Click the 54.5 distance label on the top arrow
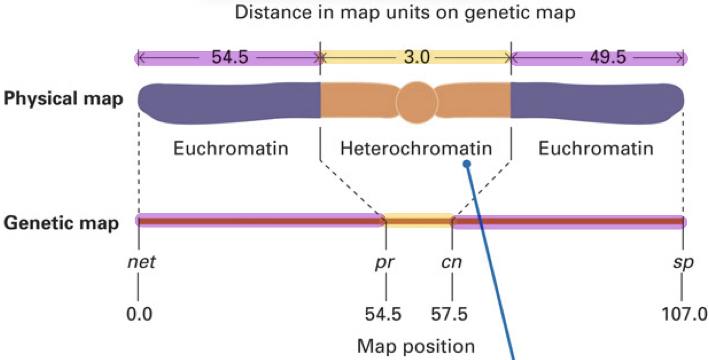tap(230, 58)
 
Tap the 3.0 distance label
tap(417, 57)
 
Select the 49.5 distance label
tap(608, 58)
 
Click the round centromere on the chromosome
tap(417, 102)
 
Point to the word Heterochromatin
tap(416, 149)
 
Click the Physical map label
tap(63, 99)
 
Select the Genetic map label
tap(61, 223)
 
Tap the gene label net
tap(141, 262)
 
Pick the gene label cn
tap(451, 262)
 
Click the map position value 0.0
tap(139, 314)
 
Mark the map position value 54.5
tap(383, 314)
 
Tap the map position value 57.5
tap(449, 314)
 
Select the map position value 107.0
tap(684, 314)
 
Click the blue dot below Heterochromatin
tap(467, 164)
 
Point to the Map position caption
tap(416, 346)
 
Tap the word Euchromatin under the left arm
tap(231, 149)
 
